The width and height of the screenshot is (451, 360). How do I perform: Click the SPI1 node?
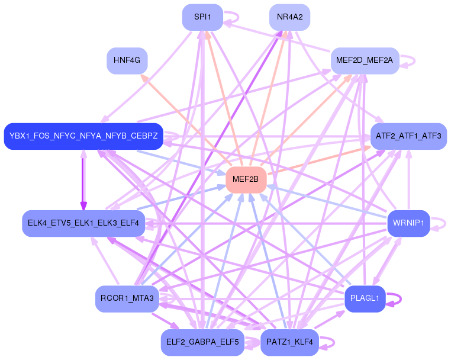[202, 17]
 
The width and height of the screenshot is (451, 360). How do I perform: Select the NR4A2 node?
[289, 17]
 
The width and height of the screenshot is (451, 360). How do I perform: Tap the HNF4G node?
[127, 60]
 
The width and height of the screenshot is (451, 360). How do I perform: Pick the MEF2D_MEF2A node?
[365, 60]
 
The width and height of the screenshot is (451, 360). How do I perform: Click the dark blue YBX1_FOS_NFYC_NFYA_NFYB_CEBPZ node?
[83, 136]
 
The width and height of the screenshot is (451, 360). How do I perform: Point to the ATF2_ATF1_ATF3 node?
[408, 136]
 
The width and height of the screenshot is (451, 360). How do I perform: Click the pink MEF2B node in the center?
[246, 179]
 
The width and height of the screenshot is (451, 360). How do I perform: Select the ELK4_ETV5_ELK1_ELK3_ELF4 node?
[83, 223]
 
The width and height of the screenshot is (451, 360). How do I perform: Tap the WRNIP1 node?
[408, 223]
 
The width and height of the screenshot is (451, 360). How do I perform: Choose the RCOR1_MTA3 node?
[127, 298]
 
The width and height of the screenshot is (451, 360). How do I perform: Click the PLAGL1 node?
[365, 298]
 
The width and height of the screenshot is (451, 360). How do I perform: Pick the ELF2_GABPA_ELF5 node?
[202, 342]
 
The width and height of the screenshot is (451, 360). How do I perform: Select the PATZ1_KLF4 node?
[289, 342]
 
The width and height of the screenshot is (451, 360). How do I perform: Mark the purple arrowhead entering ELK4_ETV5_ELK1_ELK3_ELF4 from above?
[83, 206]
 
